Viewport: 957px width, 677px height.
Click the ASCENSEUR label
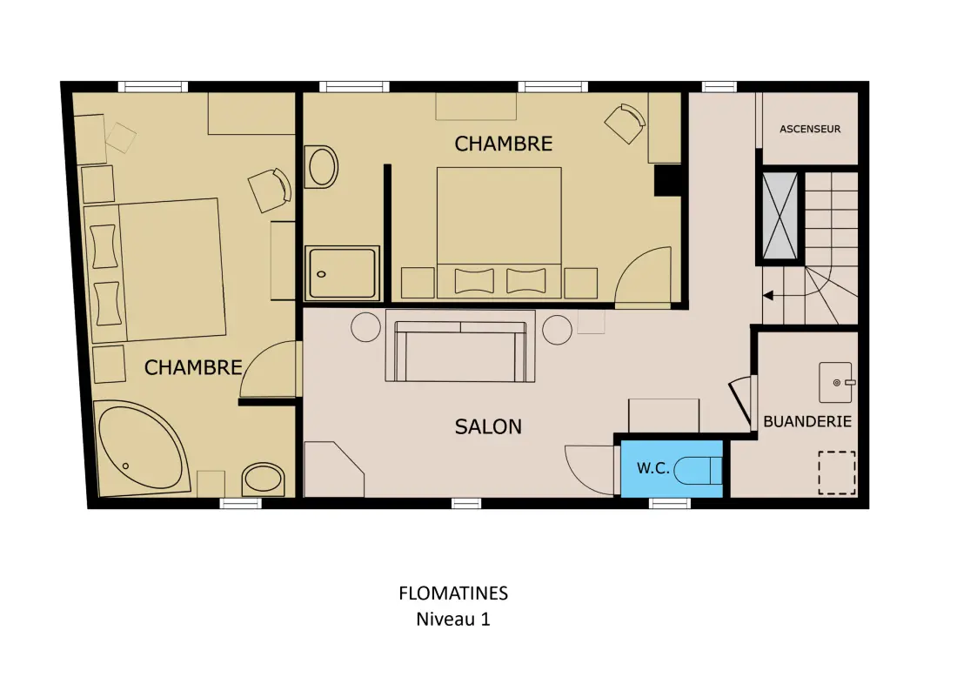tap(810, 129)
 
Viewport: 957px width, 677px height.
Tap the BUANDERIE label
tap(806, 421)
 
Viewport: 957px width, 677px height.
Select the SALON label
tap(488, 426)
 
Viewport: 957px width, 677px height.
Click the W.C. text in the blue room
tap(653, 468)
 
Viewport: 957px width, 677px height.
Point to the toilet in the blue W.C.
tap(699, 470)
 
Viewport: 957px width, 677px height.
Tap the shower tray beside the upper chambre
tap(342, 272)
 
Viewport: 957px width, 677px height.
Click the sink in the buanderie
tap(835, 382)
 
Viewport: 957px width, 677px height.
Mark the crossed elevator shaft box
tap(780, 216)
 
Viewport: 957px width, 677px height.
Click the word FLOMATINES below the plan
tap(453, 593)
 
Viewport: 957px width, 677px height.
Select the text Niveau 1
tap(453, 619)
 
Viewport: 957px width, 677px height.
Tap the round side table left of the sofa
tap(366, 327)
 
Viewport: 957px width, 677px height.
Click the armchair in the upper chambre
tap(625, 124)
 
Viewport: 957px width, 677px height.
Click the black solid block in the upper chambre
tap(667, 180)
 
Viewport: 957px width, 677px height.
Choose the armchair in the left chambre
tap(270, 190)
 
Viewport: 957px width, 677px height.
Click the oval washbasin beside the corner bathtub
tap(264, 479)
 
